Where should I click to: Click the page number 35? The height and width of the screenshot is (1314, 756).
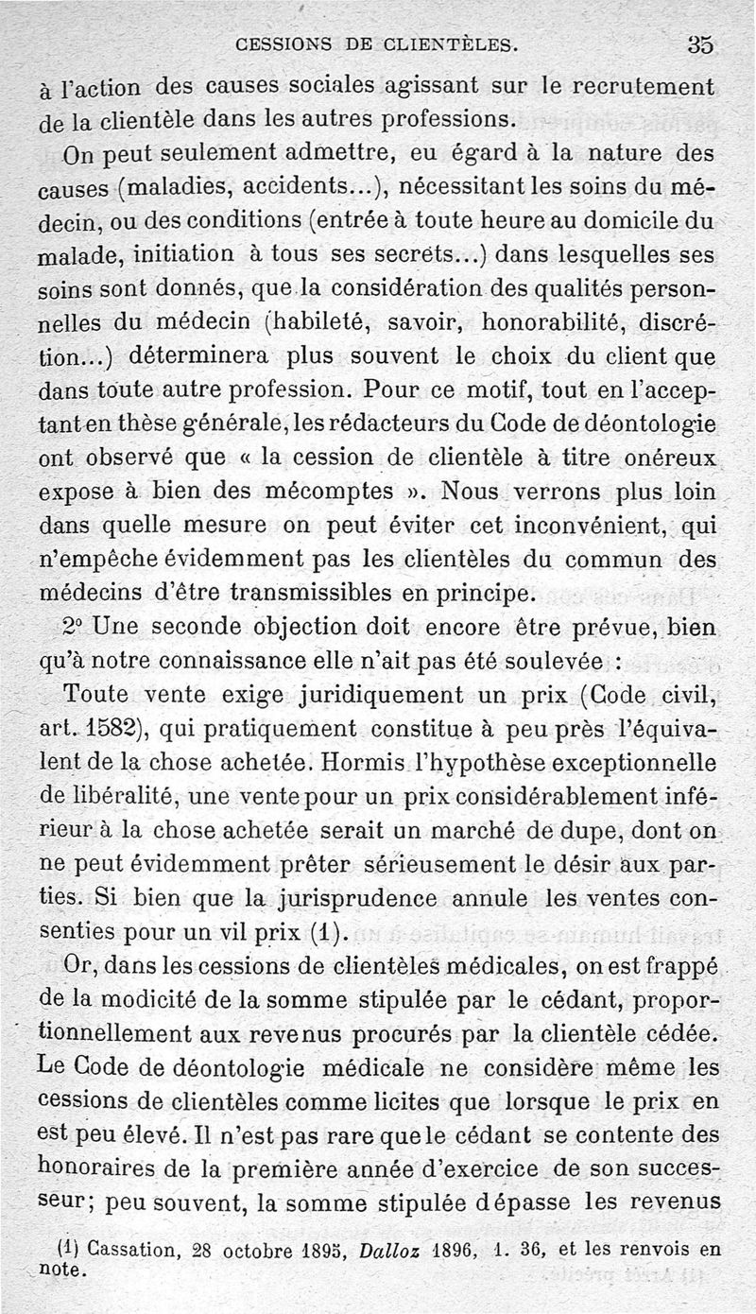(x=700, y=44)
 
